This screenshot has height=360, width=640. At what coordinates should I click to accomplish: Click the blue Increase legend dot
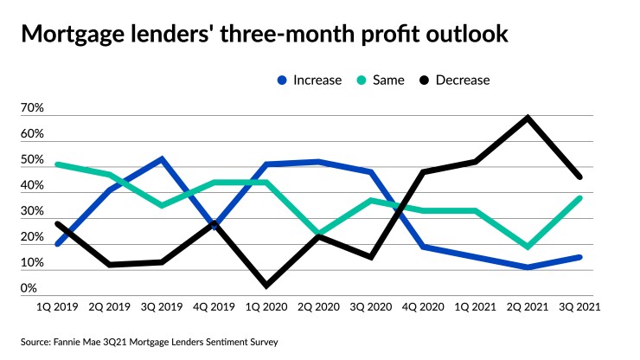[281, 80]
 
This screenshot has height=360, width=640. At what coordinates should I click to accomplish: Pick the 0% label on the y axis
[29, 289]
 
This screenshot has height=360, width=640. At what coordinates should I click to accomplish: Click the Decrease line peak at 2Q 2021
[527, 118]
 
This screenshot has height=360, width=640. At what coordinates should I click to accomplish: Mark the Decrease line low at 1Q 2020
[265, 285]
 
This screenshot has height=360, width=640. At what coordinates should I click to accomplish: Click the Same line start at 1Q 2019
[57, 164]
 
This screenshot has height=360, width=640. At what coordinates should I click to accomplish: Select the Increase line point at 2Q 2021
[527, 267]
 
